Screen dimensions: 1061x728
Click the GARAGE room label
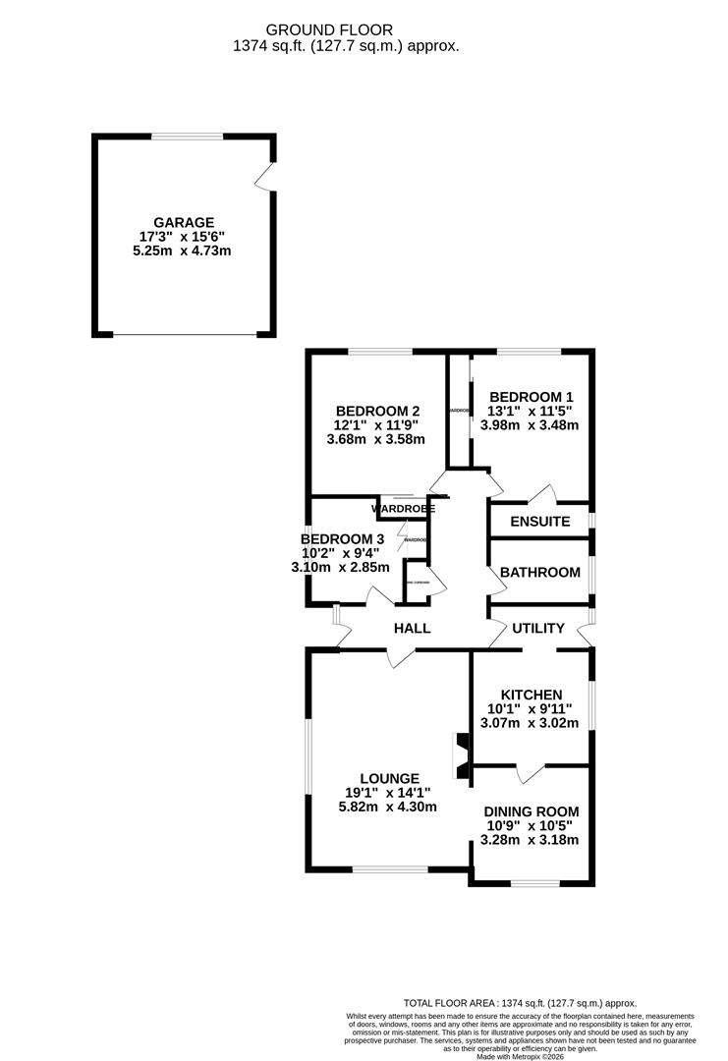pos(183,223)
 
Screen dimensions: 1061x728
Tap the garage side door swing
pos(262,178)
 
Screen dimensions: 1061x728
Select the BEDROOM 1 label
pos(531,398)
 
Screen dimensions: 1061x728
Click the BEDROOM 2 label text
pos(377,412)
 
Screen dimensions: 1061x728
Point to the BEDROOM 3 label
pos(343,539)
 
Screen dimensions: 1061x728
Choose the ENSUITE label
pos(539,521)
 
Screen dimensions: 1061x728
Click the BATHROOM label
pos(539,572)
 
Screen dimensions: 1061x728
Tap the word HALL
pos(412,629)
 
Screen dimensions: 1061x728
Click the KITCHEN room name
pos(531,695)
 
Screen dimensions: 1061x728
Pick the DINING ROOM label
pos(531,811)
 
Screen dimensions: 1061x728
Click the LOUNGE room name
pos(389,778)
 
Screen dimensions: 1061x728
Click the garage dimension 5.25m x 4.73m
pos(183,251)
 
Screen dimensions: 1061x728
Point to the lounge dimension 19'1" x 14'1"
pos(389,793)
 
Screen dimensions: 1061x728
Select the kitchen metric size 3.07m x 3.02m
pos(531,724)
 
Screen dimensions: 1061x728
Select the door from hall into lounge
pos(400,657)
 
